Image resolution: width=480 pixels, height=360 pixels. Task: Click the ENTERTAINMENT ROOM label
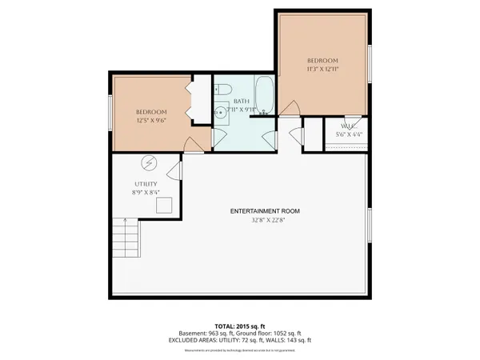tap(265, 210)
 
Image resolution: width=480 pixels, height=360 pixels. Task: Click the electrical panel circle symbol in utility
tap(150, 163)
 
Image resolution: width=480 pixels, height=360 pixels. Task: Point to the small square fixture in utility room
tap(164, 206)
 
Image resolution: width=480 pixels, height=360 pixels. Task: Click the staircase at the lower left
tap(125, 238)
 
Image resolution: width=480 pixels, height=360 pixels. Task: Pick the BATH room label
tap(241, 102)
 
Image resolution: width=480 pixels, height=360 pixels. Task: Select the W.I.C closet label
tap(346, 126)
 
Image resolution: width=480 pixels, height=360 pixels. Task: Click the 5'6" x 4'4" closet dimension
tap(346, 135)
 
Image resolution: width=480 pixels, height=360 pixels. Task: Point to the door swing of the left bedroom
tap(192, 144)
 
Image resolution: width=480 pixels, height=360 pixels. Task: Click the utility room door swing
tap(174, 169)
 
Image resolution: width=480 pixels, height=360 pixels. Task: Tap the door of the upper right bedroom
tap(294, 108)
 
